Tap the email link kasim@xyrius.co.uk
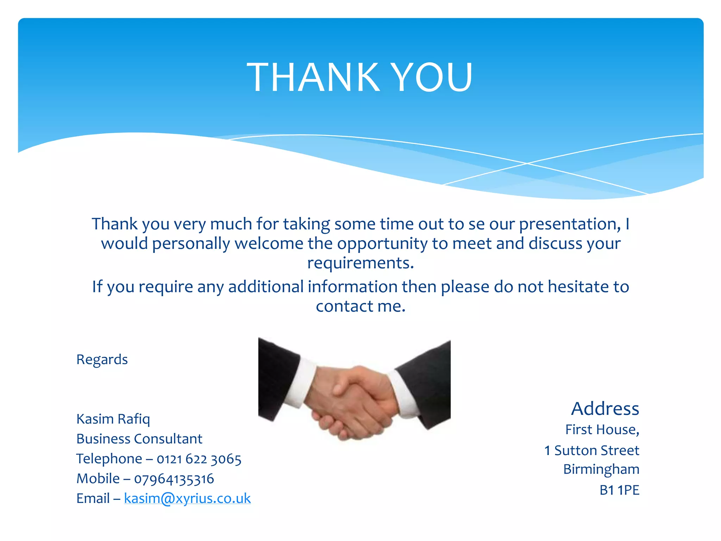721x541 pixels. [187, 498]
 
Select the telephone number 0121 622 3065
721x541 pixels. [199, 459]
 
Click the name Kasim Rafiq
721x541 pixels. [113, 419]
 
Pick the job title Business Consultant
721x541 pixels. [139, 439]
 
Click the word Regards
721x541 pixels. [102, 360]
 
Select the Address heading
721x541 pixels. [605, 409]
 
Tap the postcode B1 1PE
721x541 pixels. [619, 490]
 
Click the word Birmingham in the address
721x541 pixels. [601, 470]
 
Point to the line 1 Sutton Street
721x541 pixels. [591, 450]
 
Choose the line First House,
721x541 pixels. [602, 430]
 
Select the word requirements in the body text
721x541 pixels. [360, 263]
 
